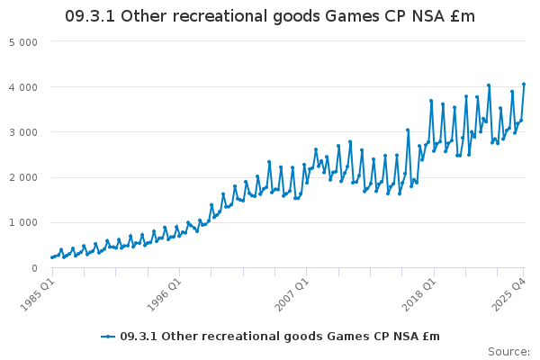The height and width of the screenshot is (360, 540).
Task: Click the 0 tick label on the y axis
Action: click(33, 267)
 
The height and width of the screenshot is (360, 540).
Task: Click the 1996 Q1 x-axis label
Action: click(165, 292)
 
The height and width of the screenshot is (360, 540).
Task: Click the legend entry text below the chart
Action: click(279, 337)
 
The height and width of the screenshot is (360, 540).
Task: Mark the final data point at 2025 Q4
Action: click(524, 85)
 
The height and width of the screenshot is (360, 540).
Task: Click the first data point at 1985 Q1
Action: click(52, 258)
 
